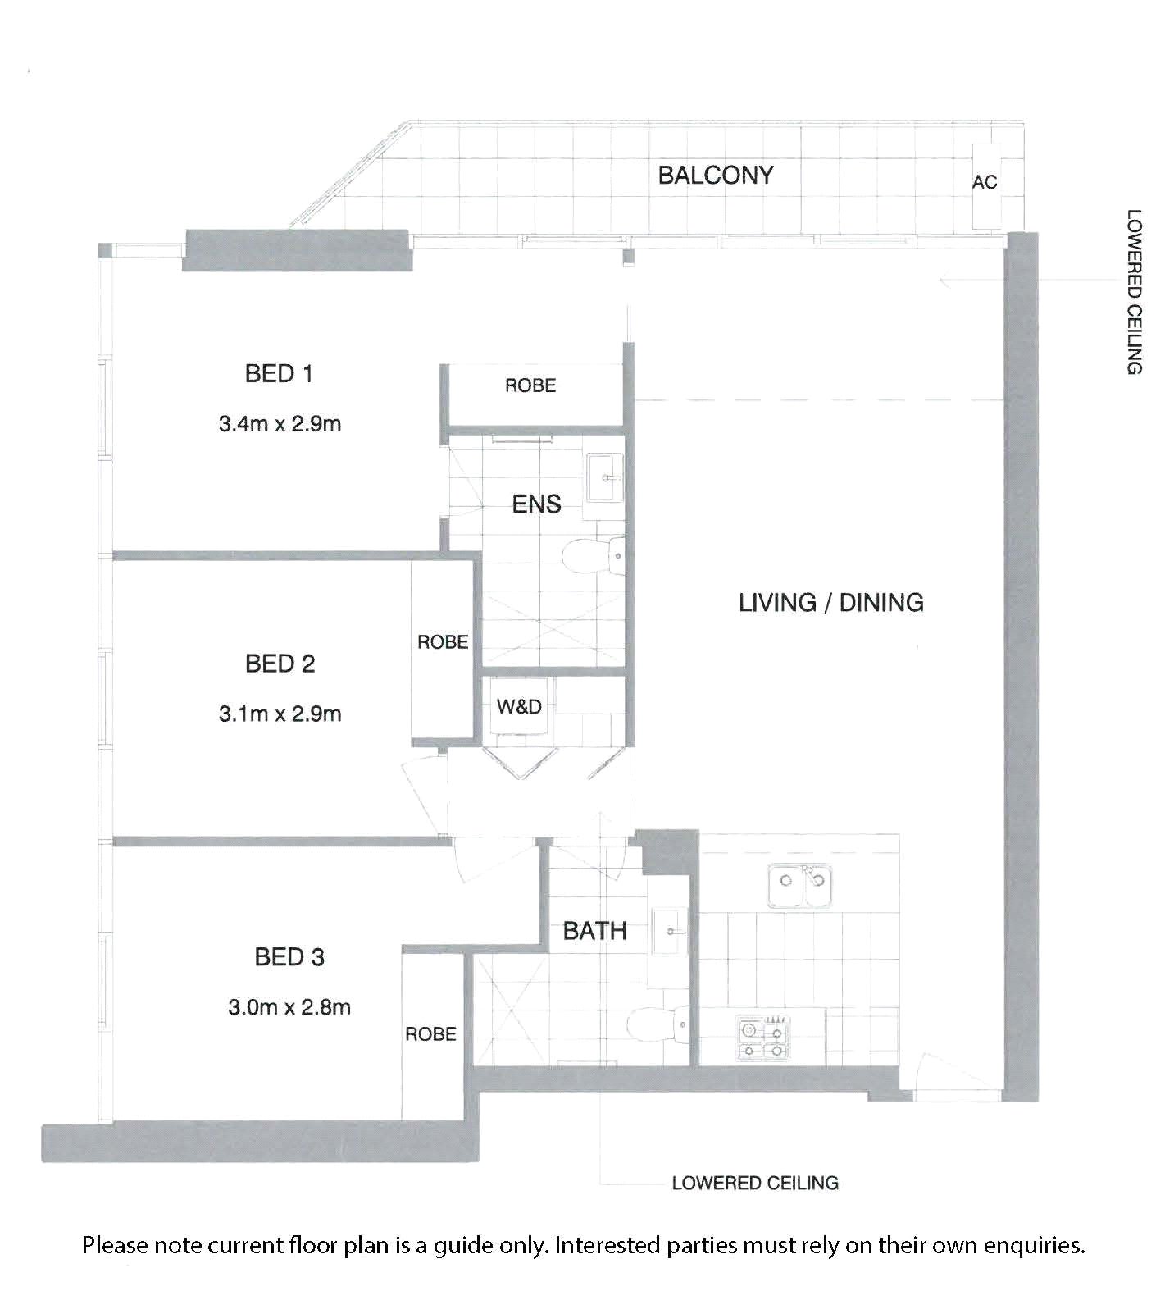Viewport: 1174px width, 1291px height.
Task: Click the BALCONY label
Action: coord(716,175)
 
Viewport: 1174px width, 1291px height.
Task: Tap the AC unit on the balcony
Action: coord(985,186)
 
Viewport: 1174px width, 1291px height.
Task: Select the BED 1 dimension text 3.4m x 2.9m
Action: coord(280,424)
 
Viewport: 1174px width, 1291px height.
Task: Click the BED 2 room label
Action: coord(280,663)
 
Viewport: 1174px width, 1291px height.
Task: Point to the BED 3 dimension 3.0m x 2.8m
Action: coord(289,1006)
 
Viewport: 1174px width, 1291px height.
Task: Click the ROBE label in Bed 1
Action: coord(530,385)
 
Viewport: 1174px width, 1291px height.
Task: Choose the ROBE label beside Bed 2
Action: coord(443,642)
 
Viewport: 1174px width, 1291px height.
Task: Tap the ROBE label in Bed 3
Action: coord(430,1034)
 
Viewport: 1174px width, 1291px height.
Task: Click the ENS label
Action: coord(536,504)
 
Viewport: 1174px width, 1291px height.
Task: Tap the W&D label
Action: coord(519,706)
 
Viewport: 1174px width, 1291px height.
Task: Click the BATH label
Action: coord(594,931)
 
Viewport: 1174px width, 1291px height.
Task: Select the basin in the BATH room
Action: coord(671,932)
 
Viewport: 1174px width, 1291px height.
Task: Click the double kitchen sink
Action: coord(800,885)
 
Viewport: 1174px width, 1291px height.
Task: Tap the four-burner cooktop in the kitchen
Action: coord(763,1038)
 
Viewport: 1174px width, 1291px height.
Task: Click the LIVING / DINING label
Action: coord(831,603)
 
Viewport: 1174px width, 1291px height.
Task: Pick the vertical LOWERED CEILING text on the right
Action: coord(1135,292)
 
